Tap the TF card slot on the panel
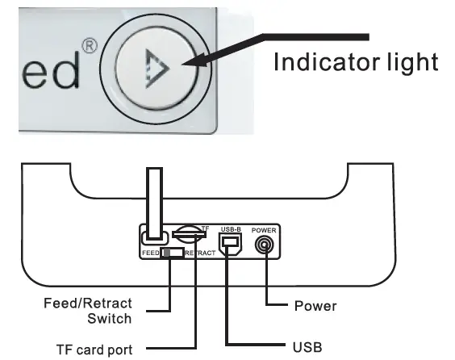pyautogui.click(x=189, y=235)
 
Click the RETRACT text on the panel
pyautogui.click(x=198, y=253)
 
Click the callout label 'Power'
pyautogui.click(x=315, y=306)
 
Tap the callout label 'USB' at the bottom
pyautogui.click(x=309, y=346)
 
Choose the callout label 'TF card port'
pyautogui.click(x=94, y=350)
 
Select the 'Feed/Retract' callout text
pyautogui.click(x=87, y=303)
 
